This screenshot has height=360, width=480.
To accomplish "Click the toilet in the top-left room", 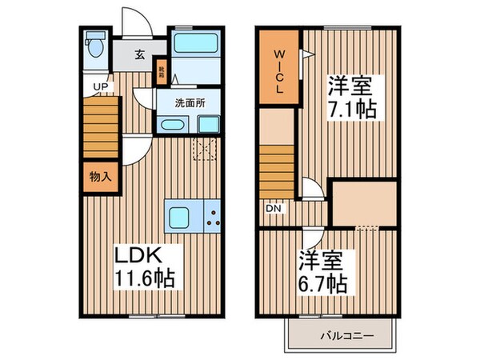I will point(94,43).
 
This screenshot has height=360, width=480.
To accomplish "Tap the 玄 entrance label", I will point(139,55).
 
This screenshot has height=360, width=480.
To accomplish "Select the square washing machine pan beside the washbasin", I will point(209,125).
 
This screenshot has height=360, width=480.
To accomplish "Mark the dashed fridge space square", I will point(205,148).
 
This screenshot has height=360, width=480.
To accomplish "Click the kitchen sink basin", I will point(178,216).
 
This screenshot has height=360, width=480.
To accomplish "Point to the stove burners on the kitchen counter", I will point(213,215).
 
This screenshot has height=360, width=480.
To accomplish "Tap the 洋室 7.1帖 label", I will point(351,96).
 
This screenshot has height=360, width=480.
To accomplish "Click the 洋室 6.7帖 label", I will point(323,273).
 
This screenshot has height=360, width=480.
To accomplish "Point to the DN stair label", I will point(273,209).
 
